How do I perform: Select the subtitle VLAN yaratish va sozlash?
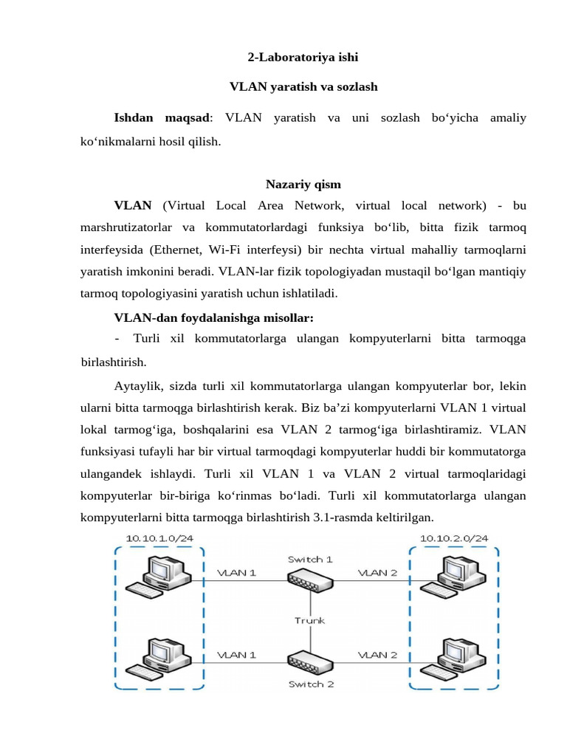[x=303, y=87]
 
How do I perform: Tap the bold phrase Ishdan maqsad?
[x=162, y=117]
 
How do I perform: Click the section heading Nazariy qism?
[x=303, y=184]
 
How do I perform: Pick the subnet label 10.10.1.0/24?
[x=160, y=538]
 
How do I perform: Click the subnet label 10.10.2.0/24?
[x=454, y=538]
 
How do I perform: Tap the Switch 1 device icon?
[x=310, y=582]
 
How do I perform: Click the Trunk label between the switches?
[x=310, y=620]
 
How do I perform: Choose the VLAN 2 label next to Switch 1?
[x=377, y=572]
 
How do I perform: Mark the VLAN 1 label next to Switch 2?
[x=236, y=654]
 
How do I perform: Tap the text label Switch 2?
[x=311, y=684]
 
